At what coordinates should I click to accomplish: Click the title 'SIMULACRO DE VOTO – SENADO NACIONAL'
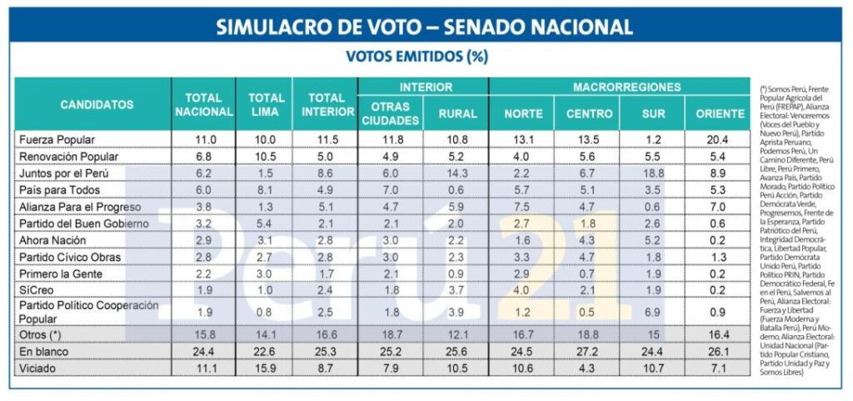[425, 27]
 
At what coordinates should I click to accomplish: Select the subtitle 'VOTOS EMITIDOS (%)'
[417, 57]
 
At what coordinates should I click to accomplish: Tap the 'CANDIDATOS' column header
[97, 105]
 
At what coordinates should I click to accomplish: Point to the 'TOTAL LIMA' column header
[266, 105]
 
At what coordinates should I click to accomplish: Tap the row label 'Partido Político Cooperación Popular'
[88, 311]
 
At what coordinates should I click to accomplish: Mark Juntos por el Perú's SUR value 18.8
[651, 173]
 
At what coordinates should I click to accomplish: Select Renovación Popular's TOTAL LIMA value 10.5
[266, 156]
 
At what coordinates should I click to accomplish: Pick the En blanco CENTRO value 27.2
[586, 351]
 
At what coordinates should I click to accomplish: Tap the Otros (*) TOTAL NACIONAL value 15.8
[203, 334]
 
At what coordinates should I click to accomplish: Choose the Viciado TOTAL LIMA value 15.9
[266, 368]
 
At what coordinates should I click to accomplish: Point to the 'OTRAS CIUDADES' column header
[390, 113]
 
